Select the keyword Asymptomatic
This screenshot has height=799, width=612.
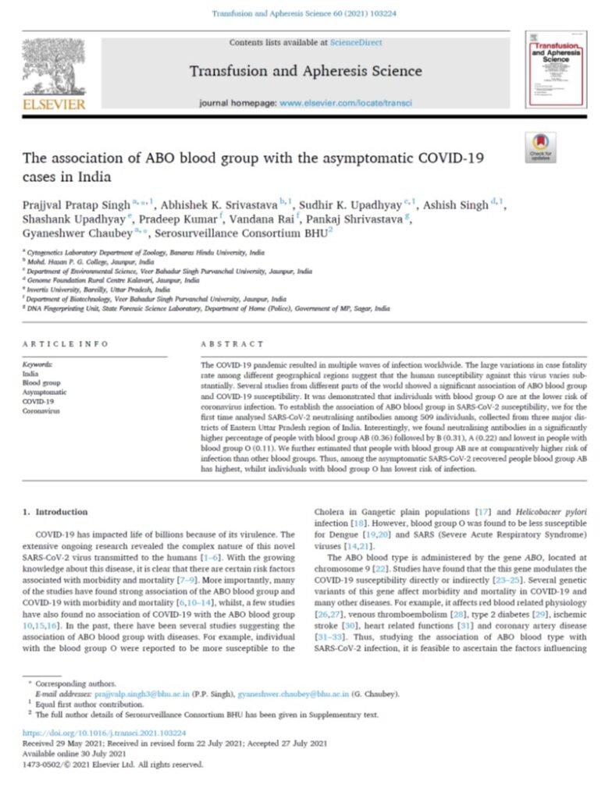pyautogui.click(x=44, y=392)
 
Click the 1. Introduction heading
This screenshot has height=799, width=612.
pyautogui.click(x=55, y=512)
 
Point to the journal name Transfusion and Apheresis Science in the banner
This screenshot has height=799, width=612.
pyautogui.click(x=305, y=72)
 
